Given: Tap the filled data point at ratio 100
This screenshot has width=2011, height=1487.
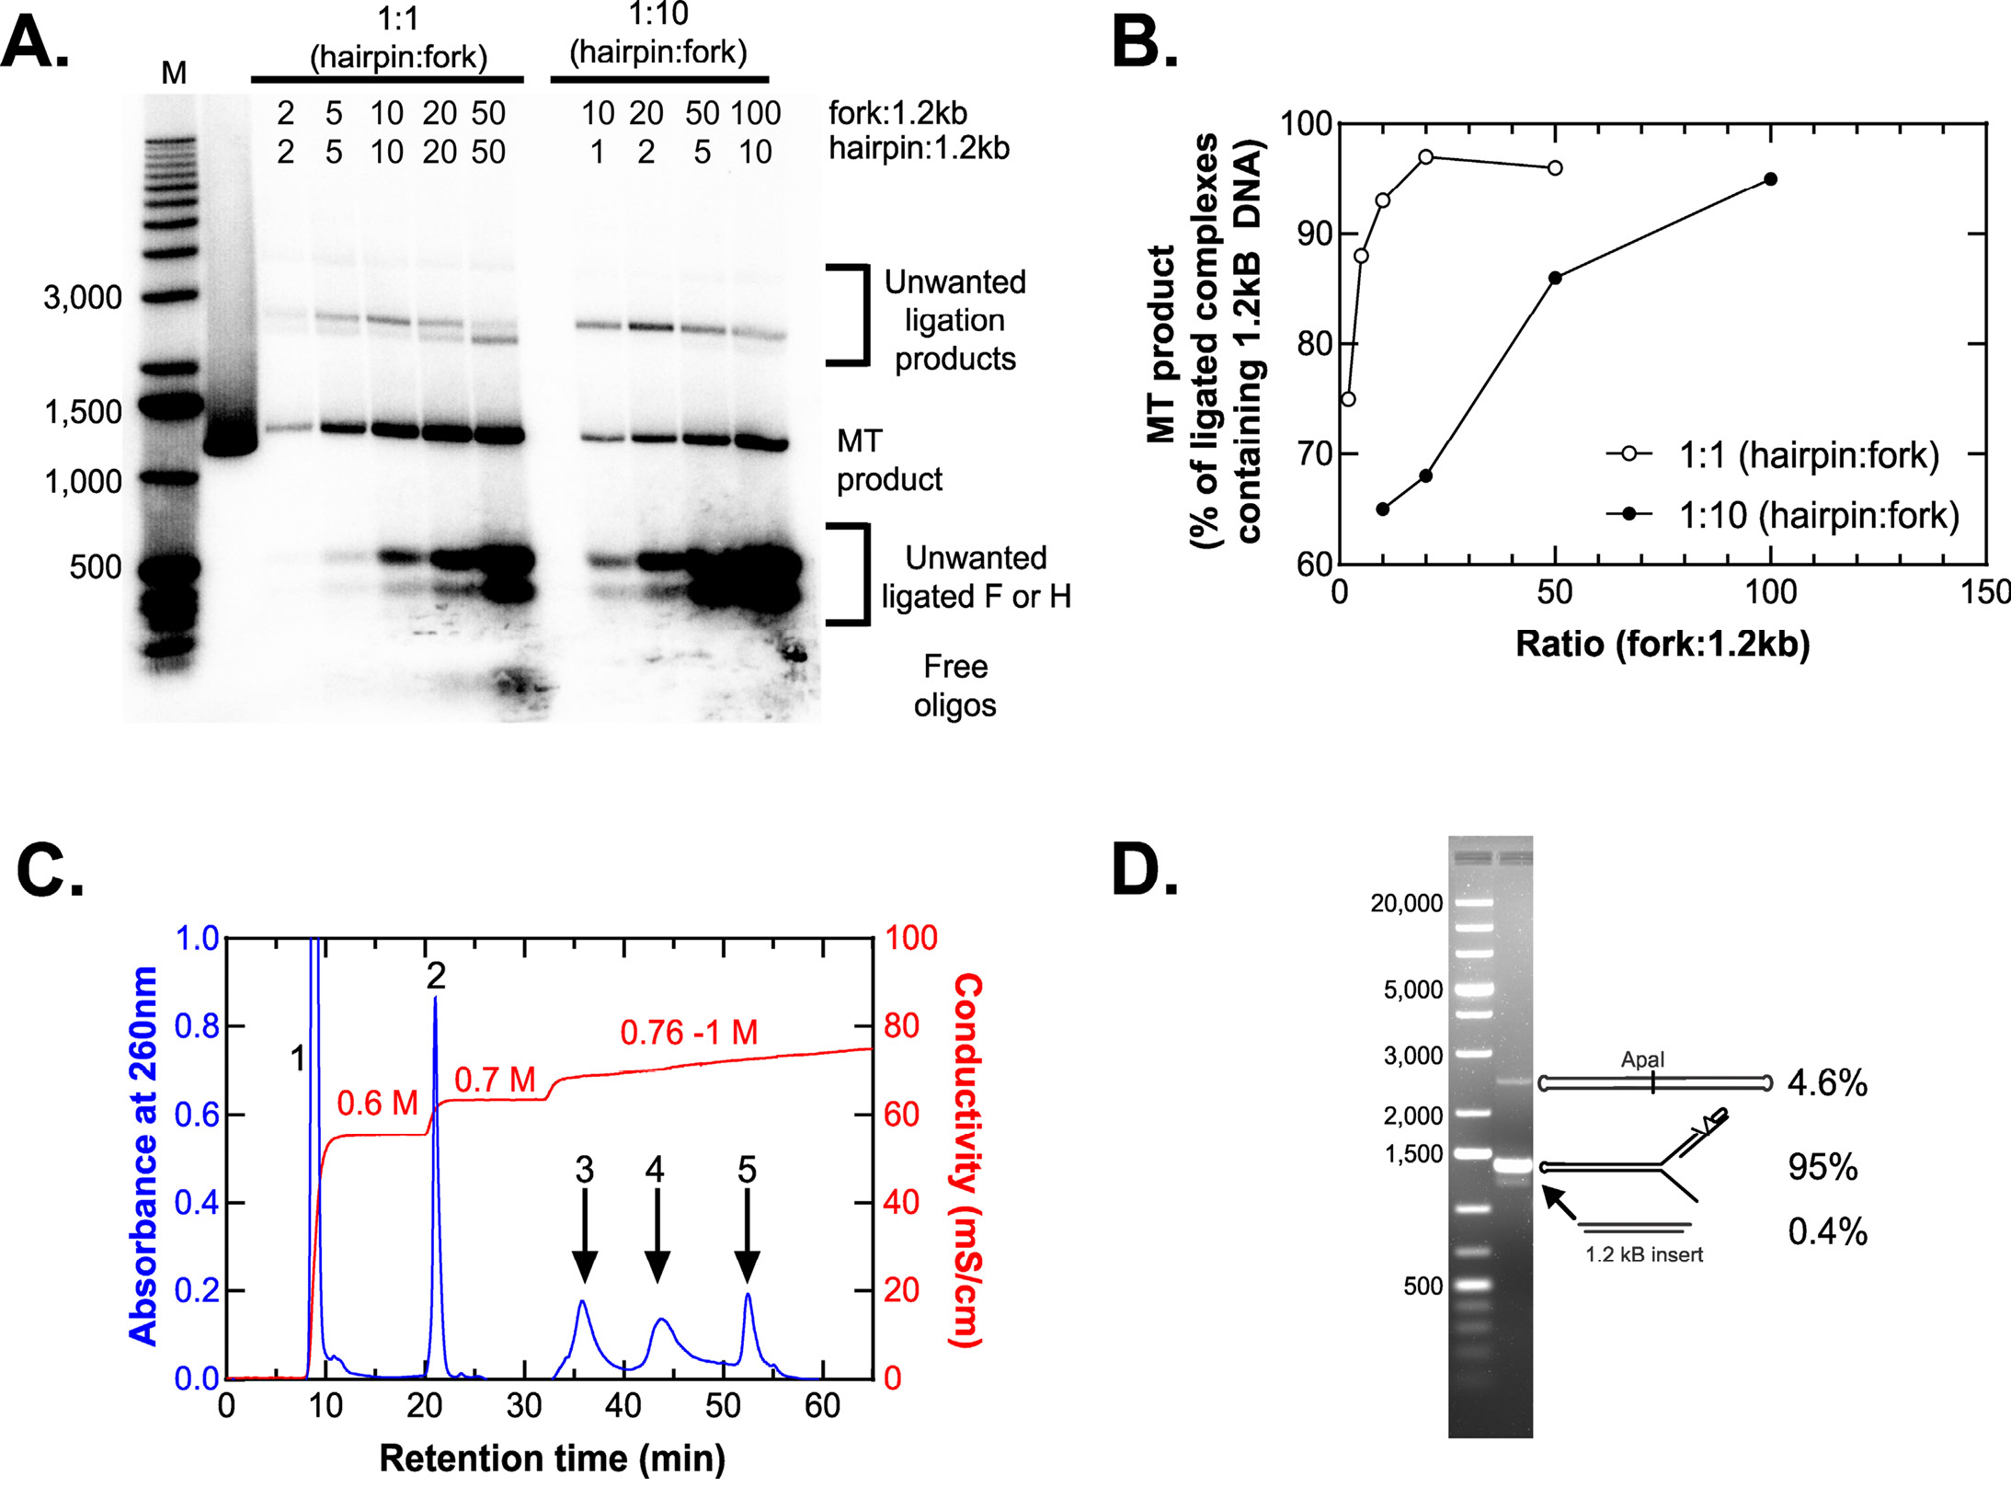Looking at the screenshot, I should pyautogui.click(x=1770, y=179).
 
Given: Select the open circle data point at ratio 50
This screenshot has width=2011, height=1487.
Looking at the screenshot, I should pyautogui.click(x=1555, y=168).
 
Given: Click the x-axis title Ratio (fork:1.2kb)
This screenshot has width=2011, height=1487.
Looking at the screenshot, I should pyautogui.click(x=1662, y=643).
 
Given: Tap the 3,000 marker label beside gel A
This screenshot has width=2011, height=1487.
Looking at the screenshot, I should pyautogui.click(x=83, y=297).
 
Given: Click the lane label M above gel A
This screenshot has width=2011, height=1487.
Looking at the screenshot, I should pyautogui.click(x=174, y=73).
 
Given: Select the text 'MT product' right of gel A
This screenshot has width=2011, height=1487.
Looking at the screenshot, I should pyautogui.click(x=888, y=460).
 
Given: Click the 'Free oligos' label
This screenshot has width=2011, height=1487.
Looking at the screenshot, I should pyautogui.click(x=954, y=685).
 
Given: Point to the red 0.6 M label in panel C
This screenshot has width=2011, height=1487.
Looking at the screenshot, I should pyautogui.click(x=377, y=1103).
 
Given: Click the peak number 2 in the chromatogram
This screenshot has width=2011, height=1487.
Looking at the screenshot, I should pyautogui.click(x=436, y=976).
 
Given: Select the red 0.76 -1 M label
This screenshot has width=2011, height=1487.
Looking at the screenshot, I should pyautogui.click(x=689, y=1033).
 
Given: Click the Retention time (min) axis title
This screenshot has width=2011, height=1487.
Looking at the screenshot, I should pyautogui.click(x=552, y=1458).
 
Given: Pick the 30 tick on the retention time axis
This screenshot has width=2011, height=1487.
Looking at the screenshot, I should pyautogui.click(x=524, y=1406).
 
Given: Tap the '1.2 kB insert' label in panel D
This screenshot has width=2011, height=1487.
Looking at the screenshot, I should pyautogui.click(x=1643, y=1254).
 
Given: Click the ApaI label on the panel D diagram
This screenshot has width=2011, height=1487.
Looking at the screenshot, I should pyautogui.click(x=1642, y=1059).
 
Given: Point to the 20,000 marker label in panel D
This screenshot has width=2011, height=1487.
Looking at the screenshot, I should pyautogui.click(x=1406, y=903).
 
